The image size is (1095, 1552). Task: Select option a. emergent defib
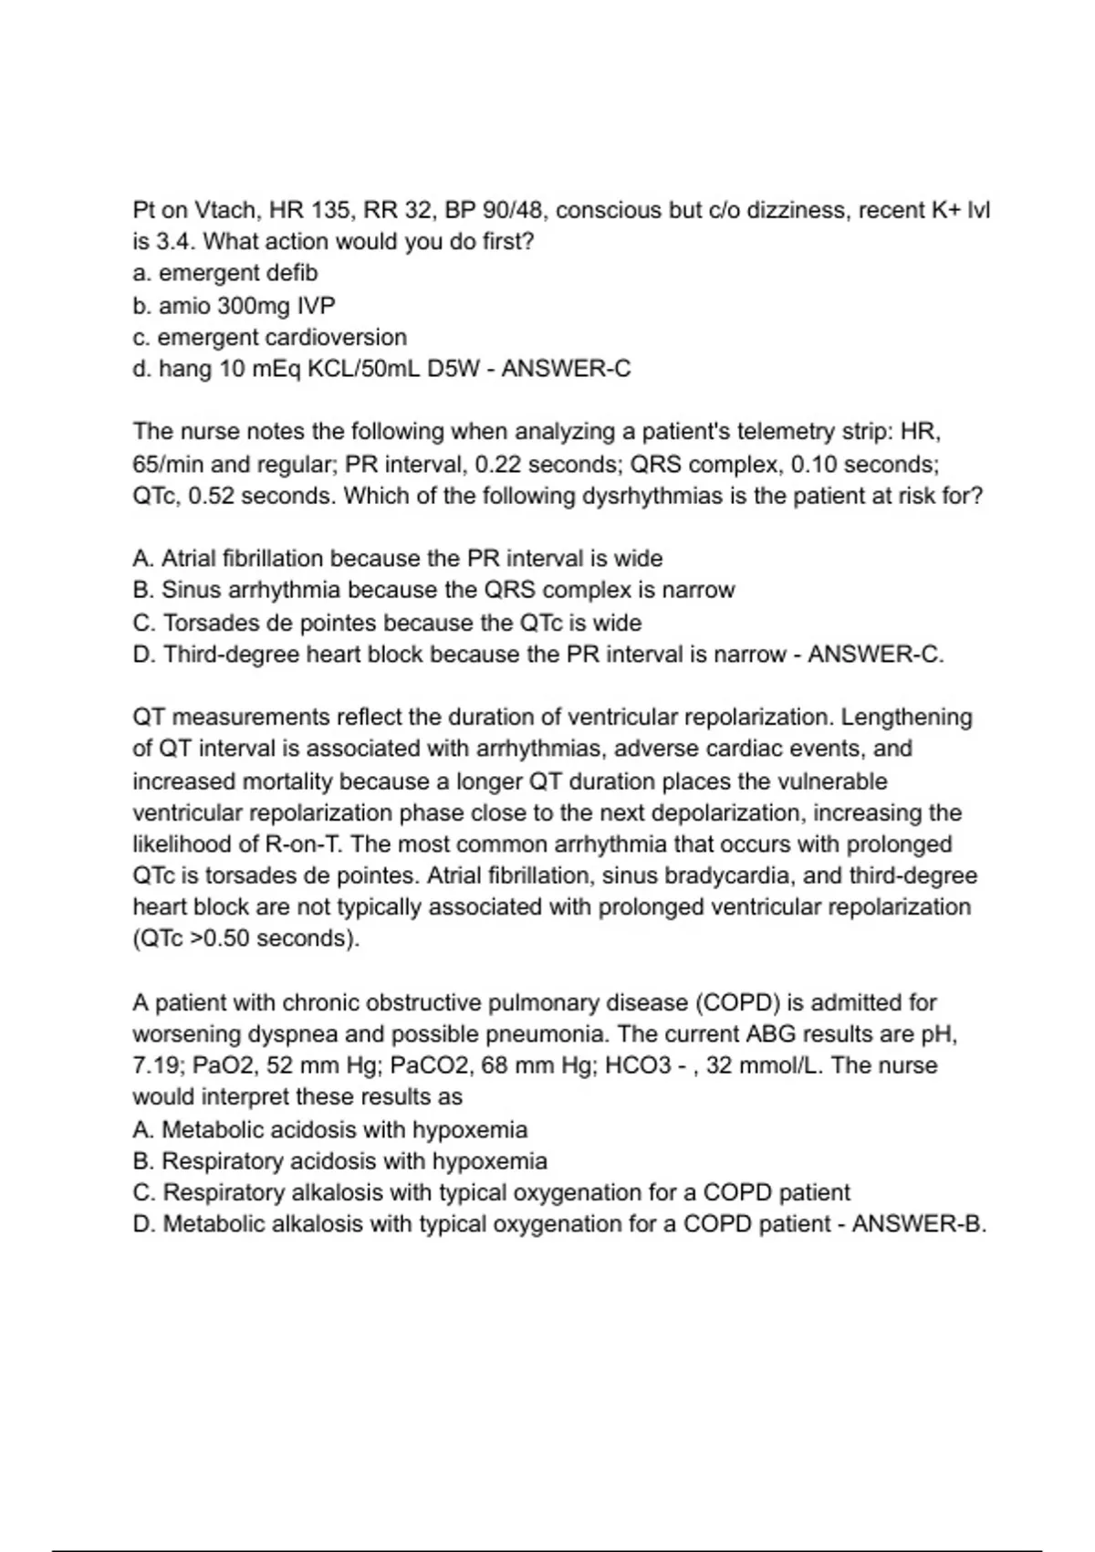pyautogui.click(x=225, y=273)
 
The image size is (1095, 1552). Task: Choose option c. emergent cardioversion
pyautogui.click(x=270, y=337)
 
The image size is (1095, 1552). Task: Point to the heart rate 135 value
pyautogui.click(x=330, y=211)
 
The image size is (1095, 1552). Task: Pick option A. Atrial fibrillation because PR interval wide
pyautogui.click(x=398, y=558)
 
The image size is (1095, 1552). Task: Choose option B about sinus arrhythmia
pyautogui.click(x=433, y=590)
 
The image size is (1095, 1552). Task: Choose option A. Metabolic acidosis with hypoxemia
pyautogui.click(x=330, y=1130)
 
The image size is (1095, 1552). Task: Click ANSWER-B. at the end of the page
pyautogui.click(x=919, y=1224)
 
